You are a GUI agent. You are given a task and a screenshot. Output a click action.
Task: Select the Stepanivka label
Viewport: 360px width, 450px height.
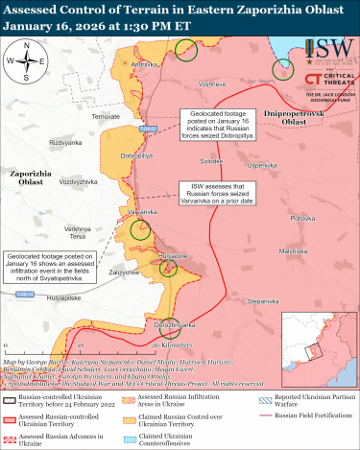click(x=262, y=302)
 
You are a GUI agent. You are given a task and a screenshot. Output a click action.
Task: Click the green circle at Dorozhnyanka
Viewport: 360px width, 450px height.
click(x=170, y=327)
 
